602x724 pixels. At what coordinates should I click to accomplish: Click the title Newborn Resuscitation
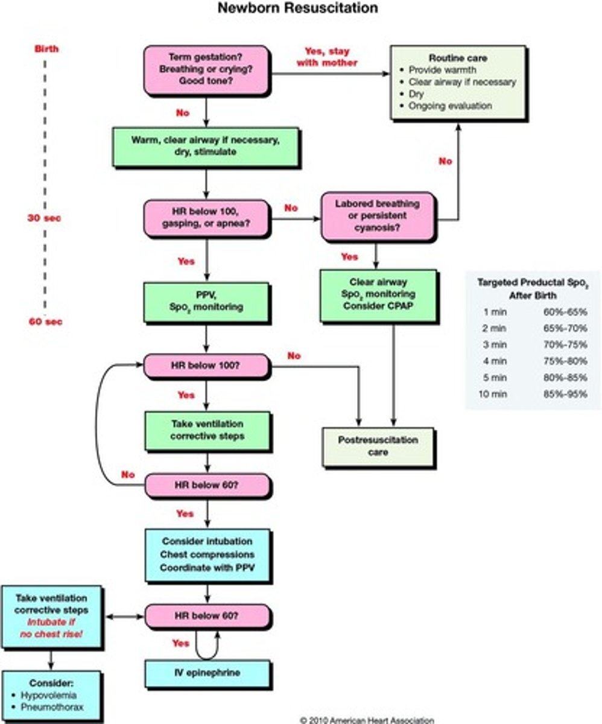click(297, 8)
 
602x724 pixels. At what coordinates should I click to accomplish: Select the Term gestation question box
click(206, 69)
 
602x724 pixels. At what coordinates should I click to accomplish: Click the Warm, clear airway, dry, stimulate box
click(205, 146)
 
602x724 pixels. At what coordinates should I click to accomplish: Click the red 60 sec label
click(45, 322)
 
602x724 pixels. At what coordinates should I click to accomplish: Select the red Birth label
click(46, 48)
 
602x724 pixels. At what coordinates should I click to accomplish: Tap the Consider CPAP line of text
click(378, 306)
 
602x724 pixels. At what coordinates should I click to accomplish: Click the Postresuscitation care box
click(378, 446)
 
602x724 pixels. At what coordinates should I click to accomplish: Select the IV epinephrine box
click(207, 673)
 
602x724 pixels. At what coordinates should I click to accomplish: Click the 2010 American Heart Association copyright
click(366, 720)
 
